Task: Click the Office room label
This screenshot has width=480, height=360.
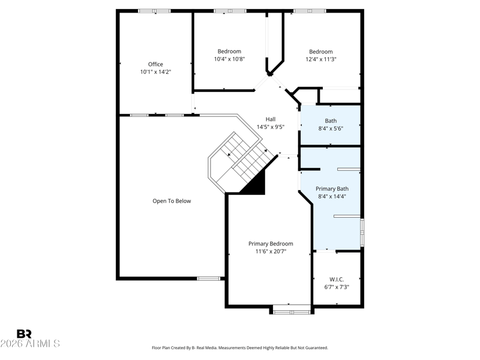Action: click(x=155, y=64)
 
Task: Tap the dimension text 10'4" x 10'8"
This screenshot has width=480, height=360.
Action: click(x=229, y=59)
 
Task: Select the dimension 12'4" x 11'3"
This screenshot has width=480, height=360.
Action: click(x=321, y=59)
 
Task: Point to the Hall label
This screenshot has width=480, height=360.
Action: click(x=271, y=119)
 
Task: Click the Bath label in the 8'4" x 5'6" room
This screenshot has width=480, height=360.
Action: click(x=331, y=121)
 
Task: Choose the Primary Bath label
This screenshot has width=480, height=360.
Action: click(x=332, y=189)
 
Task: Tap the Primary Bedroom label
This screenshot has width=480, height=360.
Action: click(x=271, y=244)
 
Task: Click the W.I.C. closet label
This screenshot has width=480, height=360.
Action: click(x=337, y=280)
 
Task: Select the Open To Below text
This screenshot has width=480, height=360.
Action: click(x=172, y=201)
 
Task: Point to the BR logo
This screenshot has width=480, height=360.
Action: click(x=24, y=334)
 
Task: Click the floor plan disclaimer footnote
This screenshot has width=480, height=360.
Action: click(x=240, y=348)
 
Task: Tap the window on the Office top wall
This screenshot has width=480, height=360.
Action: click(x=154, y=11)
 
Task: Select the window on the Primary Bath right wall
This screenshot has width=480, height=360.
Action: click(x=362, y=232)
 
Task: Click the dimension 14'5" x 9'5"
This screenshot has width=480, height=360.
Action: click(x=271, y=127)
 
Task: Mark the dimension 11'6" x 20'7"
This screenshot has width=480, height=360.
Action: click(x=271, y=251)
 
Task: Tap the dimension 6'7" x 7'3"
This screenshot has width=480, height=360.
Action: click(x=337, y=287)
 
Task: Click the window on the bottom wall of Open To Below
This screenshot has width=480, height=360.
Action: click(x=208, y=278)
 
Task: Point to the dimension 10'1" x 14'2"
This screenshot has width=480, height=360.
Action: click(x=155, y=72)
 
